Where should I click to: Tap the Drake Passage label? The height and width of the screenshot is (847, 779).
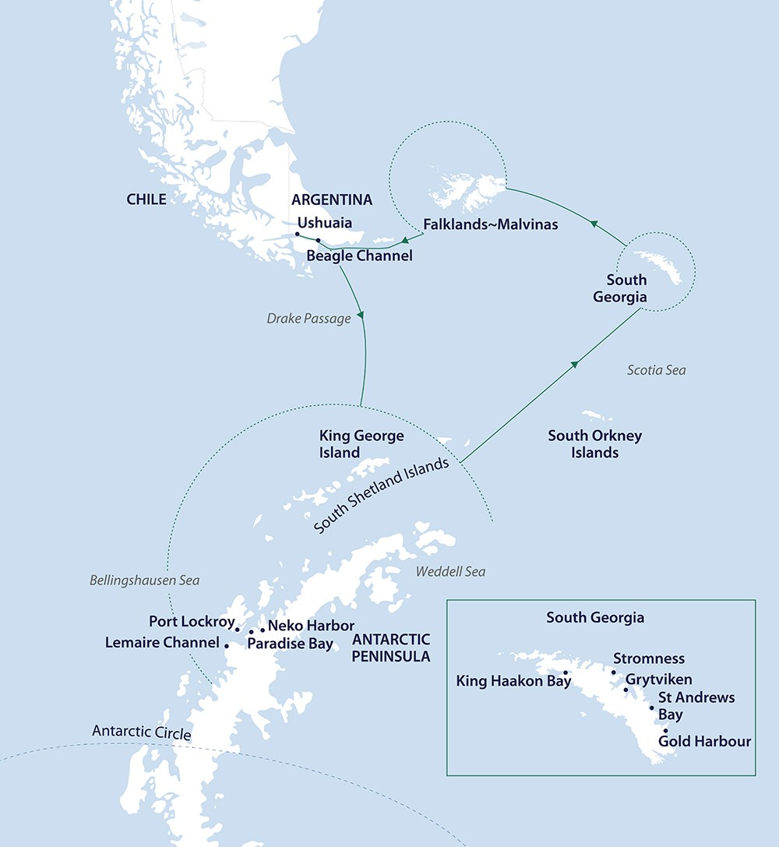click(x=308, y=319)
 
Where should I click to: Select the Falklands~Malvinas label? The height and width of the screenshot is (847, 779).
click(x=490, y=224)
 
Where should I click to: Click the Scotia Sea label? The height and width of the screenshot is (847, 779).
click(x=657, y=370)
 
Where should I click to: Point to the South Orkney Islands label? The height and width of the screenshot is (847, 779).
click(x=594, y=443)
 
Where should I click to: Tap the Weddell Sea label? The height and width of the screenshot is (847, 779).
click(x=450, y=572)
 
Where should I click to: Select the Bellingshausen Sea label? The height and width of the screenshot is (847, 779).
click(x=144, y=581)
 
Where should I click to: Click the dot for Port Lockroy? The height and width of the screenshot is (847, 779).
click(x=238, y=630)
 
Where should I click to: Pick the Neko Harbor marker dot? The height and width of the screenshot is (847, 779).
click(x=263, y=629)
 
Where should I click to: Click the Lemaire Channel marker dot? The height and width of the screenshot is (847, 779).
click(x=227, y=645)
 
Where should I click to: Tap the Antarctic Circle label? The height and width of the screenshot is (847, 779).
click(x=141, y=732)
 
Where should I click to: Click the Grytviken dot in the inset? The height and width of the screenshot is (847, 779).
click(x=626, y=689)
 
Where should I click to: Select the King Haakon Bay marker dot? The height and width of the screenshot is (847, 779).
click(x=566, y=673)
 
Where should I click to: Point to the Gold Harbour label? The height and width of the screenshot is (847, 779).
click(x=704, y=741)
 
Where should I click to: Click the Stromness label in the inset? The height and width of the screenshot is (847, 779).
click(x=649, y=659)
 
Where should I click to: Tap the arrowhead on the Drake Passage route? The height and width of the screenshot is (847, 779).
click(x=360, y=317)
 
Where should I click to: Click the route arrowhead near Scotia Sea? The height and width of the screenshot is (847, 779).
click(x=576, y=363)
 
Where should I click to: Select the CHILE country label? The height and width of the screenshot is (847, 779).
click(x=146, y=199)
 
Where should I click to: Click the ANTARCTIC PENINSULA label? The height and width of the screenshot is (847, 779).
click(x=391, y=648)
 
